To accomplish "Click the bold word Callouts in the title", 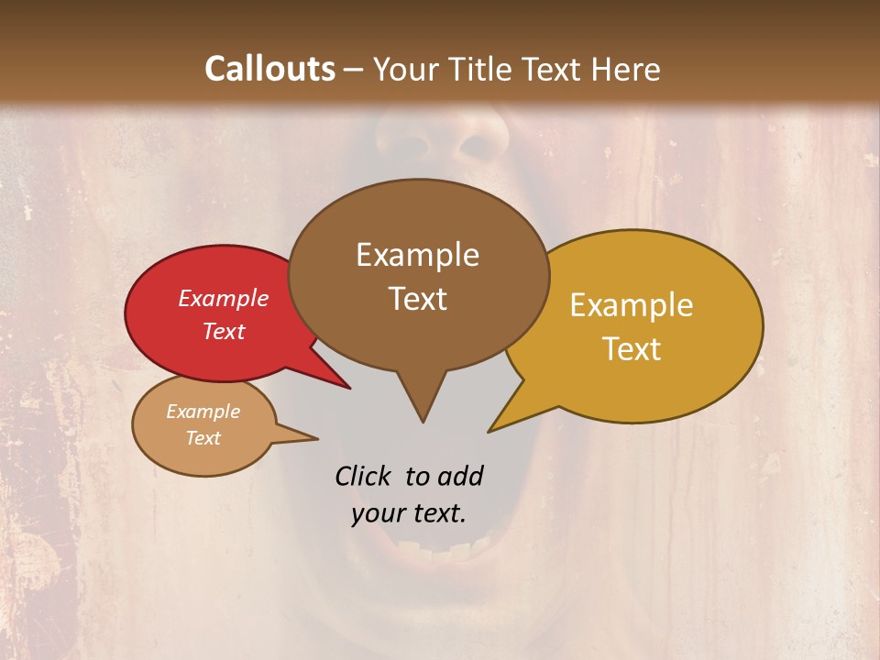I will (269, 69).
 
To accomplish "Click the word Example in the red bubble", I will (224, 298).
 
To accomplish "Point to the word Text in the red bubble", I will (224, 331).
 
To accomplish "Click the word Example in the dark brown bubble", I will (418, 255).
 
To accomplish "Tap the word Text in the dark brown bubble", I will (418, 299).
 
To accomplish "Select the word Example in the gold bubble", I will (632, 305).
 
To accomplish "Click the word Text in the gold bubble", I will (632, 349).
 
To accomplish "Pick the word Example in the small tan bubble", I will (203, 412).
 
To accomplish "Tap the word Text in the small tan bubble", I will (203, 438).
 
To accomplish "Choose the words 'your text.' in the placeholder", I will (409, 513).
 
